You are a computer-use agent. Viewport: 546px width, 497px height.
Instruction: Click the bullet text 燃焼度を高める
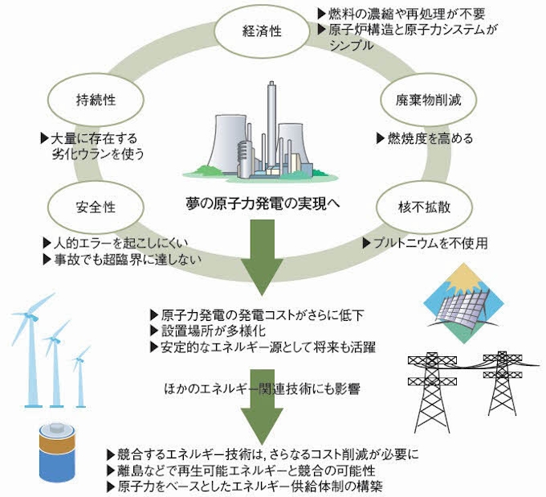pos(429,138)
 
